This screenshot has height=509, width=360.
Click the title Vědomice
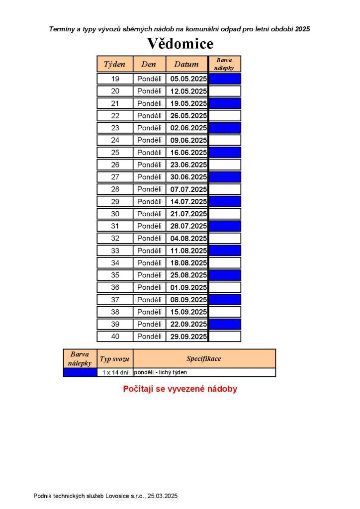[180, 44]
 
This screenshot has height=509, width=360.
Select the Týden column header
[115, 64]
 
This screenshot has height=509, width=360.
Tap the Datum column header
[186, 64]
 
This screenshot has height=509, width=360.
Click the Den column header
[149, 64]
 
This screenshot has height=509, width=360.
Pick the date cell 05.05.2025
[188, 79]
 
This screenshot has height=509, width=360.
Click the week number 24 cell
[115, 140]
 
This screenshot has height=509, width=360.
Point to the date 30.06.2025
[188, 177]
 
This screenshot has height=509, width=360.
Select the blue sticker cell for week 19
[225, 79]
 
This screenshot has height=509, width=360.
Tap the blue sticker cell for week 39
[225, 324]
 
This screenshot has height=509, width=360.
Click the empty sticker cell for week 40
[225, 337]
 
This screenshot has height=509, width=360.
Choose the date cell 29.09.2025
[188, 337]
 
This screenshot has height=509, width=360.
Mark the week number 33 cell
[115, 251]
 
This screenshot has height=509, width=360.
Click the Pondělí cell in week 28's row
[149, 189]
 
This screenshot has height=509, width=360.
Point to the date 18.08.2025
[188, 263]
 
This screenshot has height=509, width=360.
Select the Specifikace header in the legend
[204, 358]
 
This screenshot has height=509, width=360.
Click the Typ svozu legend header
[115, 359]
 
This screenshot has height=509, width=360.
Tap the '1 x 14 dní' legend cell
[115, 372]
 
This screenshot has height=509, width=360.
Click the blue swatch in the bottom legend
[80, 372]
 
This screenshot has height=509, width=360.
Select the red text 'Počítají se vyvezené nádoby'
[180, 389]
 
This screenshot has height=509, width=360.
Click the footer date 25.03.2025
[162, 496]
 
